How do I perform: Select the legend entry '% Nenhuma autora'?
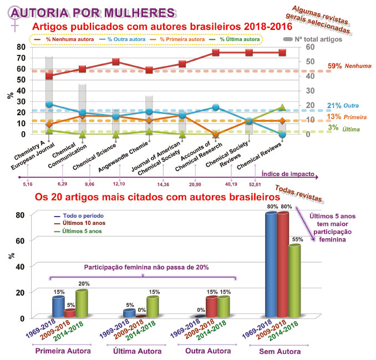click(66, 39)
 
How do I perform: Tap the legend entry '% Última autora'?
click(238, 39)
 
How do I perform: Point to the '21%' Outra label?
click(334, 105)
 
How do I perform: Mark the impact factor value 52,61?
click(255, 184)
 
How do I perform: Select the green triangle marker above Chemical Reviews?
click(282, 107)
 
